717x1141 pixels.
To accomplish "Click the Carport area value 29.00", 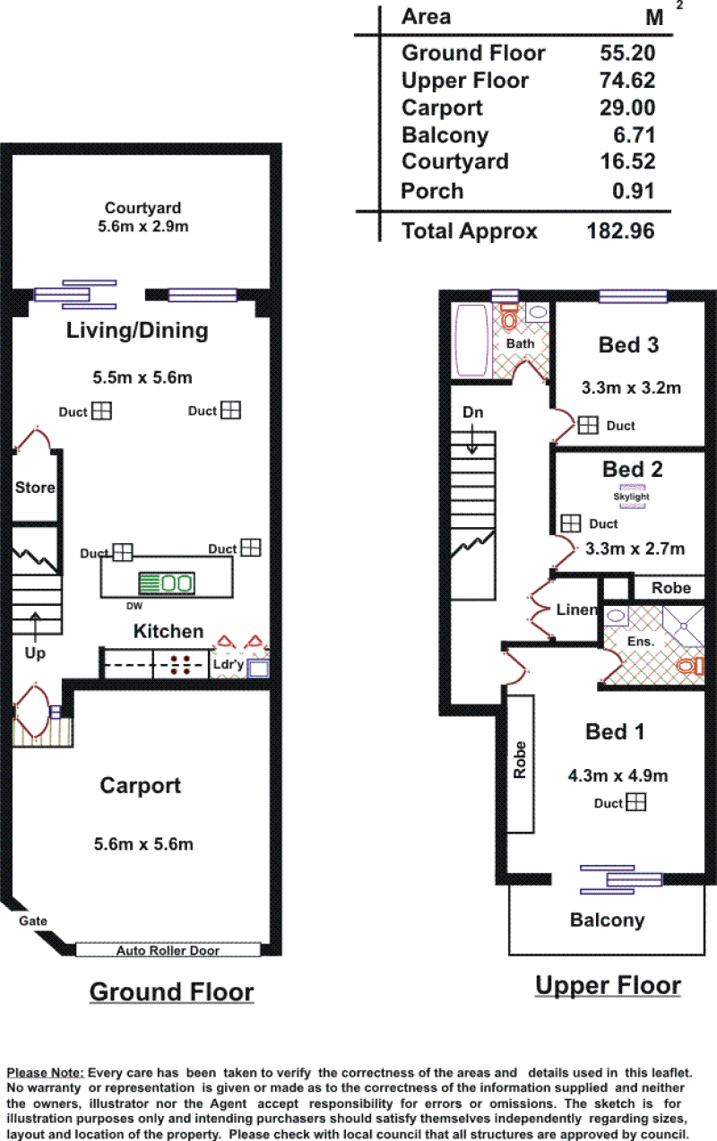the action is pyautogui.click(x=626, y=108).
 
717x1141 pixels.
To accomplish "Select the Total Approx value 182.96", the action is pyautogui.click(x=620, y=230).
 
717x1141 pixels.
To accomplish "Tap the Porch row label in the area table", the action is pyautogui.click(x=432, y=191).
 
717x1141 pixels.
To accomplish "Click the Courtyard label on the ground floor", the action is pyautogui.click(x=143, y=208).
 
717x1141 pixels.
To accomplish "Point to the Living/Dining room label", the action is pyautogui.click(x=137, y=331).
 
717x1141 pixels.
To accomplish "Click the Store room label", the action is pyautogui.click(x=35, y=488).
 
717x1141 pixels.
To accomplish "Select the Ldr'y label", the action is pyautogui.click(x=229, y=664).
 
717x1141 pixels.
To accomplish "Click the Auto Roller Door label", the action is pyautogui.click(x=168, y=950).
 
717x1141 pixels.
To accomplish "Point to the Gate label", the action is pyautogui.click(x=33, y=921).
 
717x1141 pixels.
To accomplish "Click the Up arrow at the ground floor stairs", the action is pyautogui.click(x=35, y=627).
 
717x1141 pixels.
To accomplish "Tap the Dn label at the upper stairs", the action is pyautogui.click(x=472, y=412).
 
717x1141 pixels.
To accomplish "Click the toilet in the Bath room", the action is pyautogui.click(x=509, y=316).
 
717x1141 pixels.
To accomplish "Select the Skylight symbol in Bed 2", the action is pyautogui.click(x=632, y=497).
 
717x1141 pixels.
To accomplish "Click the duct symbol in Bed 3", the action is pyautogui.click(x=588, y=425).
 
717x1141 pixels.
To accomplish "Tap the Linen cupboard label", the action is pyautogui.click(x=576, y=609).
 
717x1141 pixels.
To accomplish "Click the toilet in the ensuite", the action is pyautogui.click(x=690, y=665).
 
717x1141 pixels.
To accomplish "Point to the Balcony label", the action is pyautogui.click(x=607, y=921).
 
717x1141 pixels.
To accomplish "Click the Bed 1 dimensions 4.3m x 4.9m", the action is pyautogui.click(x=618, y=776).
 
